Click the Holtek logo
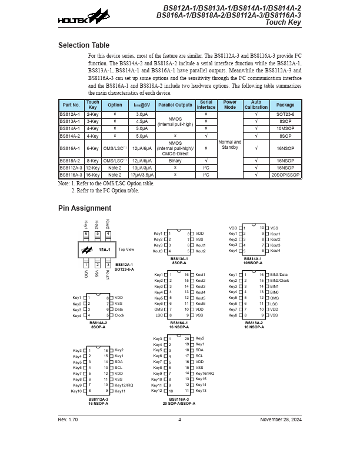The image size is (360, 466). (75, 18)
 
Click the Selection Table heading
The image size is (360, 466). (84, 45)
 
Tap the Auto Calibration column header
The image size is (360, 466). (256, 105)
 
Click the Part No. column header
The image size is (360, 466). (71, 105)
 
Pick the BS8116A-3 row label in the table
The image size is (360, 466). (71, 175)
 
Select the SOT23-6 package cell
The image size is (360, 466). (285, 114)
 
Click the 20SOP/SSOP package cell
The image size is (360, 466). (285, 175)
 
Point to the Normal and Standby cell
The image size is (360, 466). (230, 144)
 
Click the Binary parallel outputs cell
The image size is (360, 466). (175, 160)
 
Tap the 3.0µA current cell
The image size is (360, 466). (142, 114)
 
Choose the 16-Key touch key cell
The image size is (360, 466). (92, 175)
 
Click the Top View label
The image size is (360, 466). (126, 249)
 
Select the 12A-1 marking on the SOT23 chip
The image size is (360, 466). (104, 250)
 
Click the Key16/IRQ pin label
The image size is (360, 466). (205, 374)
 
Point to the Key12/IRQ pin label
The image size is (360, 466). (124, 385)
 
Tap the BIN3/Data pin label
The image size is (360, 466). (279, 275)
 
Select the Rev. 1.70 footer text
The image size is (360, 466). (68, 420)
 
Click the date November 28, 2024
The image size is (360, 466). (281, 420)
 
